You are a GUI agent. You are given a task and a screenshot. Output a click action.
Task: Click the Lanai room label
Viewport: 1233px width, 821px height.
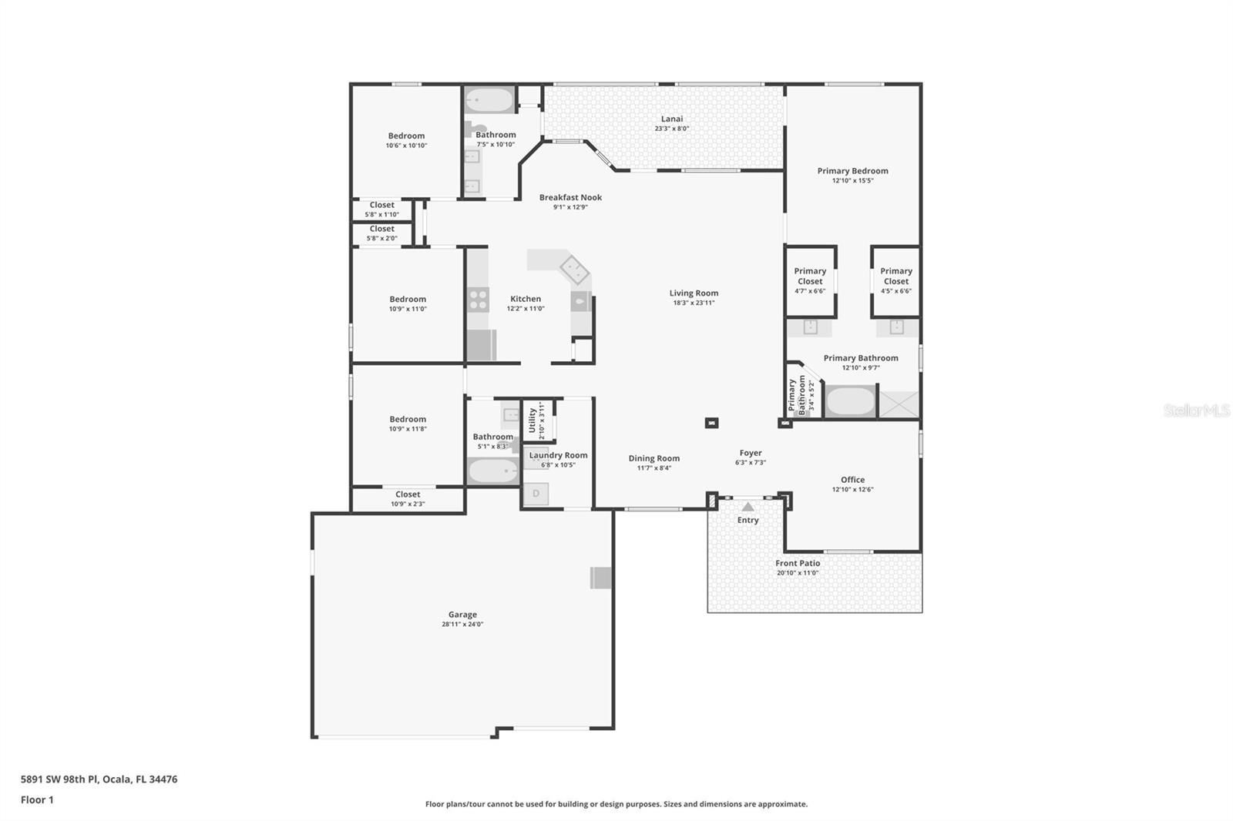tap(671, 119)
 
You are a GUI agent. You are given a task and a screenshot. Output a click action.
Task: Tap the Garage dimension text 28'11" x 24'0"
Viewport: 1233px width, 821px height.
tap(462, 625)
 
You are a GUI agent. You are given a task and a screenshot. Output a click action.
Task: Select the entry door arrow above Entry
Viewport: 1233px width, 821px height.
tap(748, 507)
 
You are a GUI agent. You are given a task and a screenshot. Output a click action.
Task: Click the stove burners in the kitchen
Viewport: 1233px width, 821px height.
tap(479, 299)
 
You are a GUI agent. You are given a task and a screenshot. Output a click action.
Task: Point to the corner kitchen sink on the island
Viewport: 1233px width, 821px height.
tap(573, 270)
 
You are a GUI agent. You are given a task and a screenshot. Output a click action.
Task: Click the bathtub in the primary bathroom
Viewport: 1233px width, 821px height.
tap(850, 401)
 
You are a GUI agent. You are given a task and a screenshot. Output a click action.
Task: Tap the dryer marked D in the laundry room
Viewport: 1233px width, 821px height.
tap(536, 494)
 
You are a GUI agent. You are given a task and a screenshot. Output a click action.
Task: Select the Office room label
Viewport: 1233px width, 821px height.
tap(852, 479)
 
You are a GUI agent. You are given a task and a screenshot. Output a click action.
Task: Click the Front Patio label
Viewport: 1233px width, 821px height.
tap(798, 563)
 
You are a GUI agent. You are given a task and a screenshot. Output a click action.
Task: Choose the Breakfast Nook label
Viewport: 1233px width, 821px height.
tap(570, 197)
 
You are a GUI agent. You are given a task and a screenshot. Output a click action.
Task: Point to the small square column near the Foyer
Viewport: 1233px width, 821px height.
tap(711, 422)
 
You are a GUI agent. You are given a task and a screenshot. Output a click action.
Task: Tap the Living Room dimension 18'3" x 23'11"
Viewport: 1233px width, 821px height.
tap(694, 303)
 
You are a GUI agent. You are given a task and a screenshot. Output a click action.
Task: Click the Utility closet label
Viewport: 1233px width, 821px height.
tap(532, 421)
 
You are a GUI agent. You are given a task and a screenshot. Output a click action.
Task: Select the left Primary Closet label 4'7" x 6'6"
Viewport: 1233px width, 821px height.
tap(810, 276)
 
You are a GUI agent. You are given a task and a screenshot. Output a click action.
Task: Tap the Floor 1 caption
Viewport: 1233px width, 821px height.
tap(37, 799)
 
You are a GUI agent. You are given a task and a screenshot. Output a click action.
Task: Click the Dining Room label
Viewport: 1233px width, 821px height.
tap(653, 458)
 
